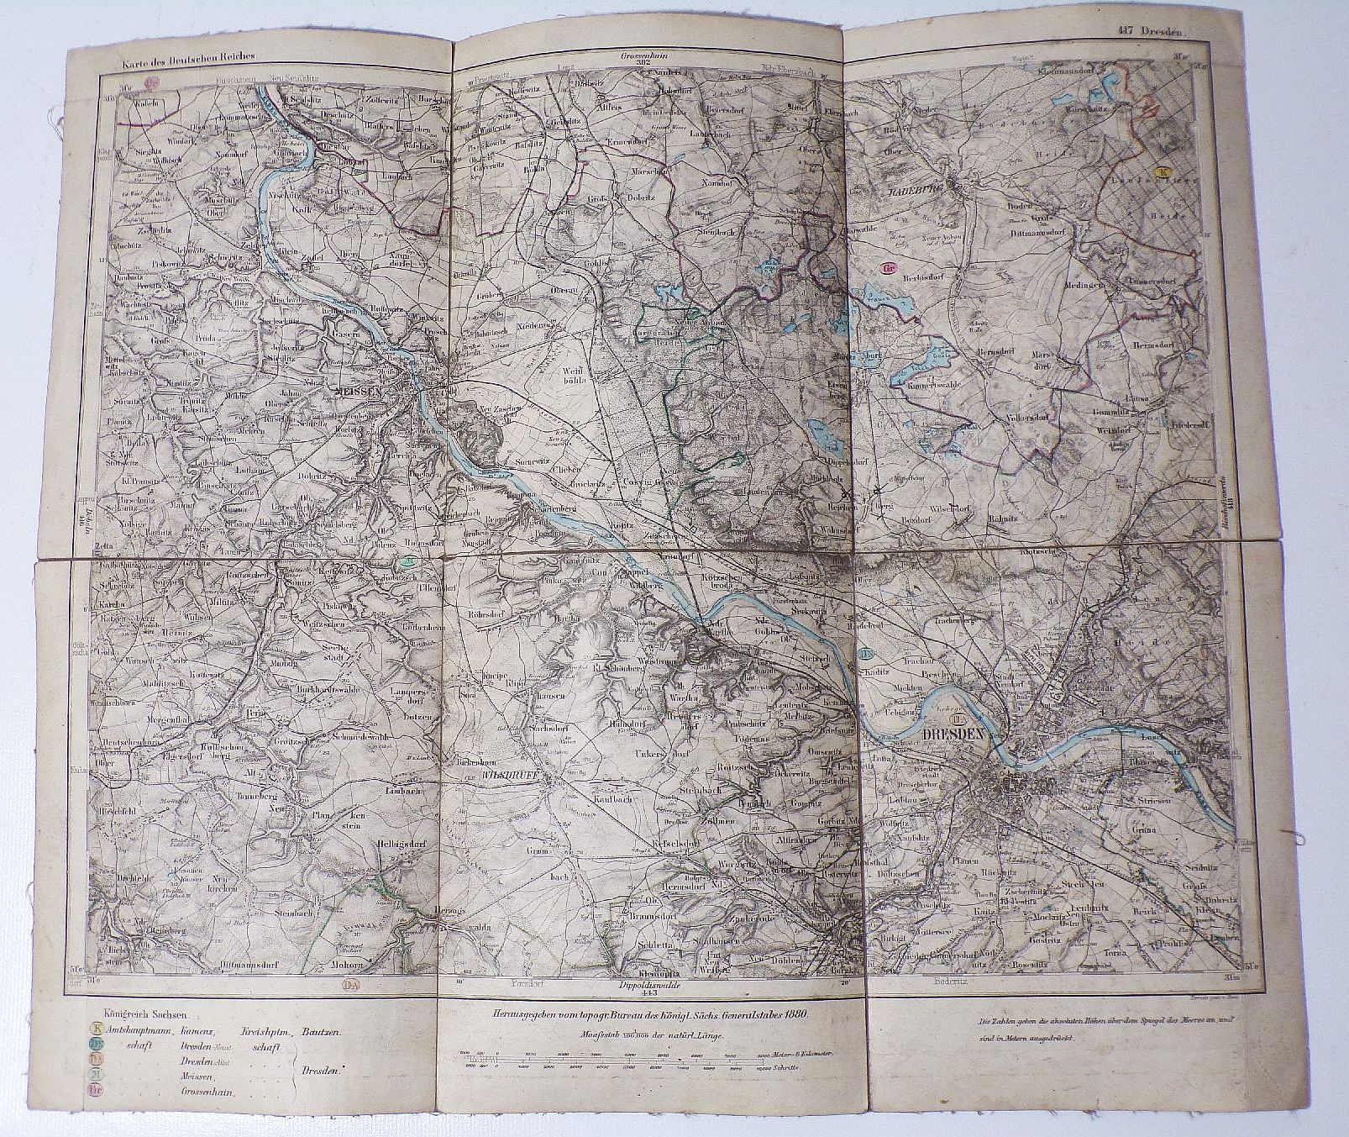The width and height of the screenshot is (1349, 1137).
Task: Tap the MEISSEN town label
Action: [358, 392]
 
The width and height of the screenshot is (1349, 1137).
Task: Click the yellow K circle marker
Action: [1162, 171]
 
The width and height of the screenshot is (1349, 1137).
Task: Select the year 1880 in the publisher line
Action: [791, 1014]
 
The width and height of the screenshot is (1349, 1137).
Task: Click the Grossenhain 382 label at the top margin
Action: [643, 60]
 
